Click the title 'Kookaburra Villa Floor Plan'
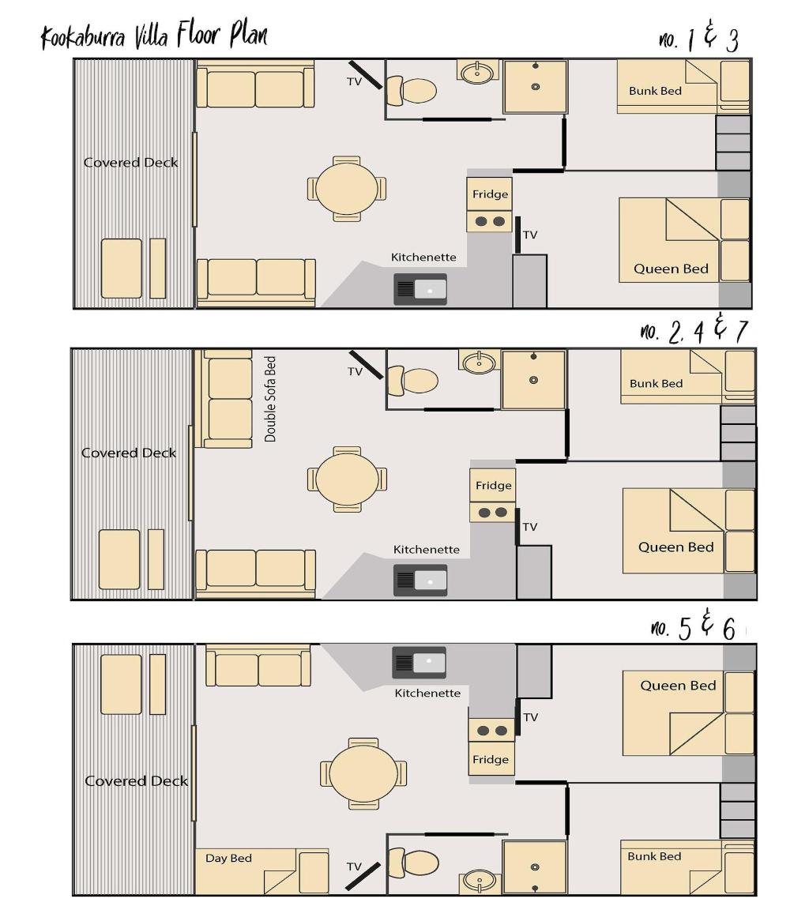(154, 36)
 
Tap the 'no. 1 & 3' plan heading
(698, 39)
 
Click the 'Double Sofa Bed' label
(271, 399)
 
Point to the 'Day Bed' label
(228, 858)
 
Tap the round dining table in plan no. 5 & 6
(363, 773)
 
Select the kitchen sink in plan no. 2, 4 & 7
(420, 580)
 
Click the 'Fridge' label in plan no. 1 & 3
(490, 194)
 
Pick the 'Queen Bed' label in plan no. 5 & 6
(678, 686)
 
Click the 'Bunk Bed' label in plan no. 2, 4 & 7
(656, 384)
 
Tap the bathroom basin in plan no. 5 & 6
(479, 879)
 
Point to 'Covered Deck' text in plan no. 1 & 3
(131, 163)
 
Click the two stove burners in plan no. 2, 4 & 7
(493, 513)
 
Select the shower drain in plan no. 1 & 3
(536, 87)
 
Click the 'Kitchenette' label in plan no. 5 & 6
(427, 693)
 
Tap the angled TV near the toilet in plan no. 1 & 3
(364, 76)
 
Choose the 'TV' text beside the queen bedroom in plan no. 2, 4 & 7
(530, 527)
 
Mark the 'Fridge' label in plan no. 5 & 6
(490, 759)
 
